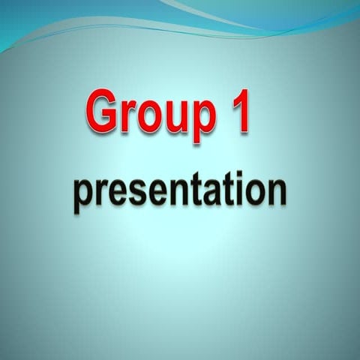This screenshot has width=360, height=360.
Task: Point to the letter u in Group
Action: pyautogui.click(x=175, y=118)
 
